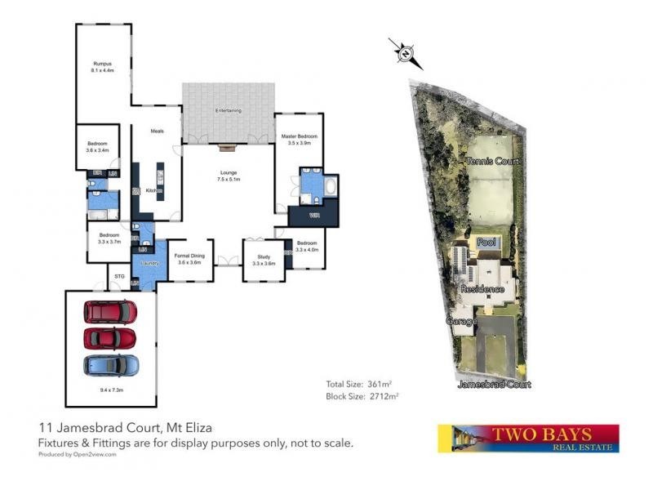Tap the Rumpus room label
[x=101, y=64]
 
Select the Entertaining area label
[x=228, y=110]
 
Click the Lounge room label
[x=228, y=172]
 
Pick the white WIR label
[x=314, y=216]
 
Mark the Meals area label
[x=157, y=130]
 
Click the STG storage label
[x=118, y=276]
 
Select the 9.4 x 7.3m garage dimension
[x=111, y=390]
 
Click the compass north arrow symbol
[x=406, y=54]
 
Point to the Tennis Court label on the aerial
[x=492, y=161]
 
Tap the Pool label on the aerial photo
[x=486, y=243]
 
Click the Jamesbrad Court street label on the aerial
[x=493, y=384]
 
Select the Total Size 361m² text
[x=361, y=383]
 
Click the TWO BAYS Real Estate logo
[x=528, y=438]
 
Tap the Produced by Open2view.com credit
[x=78, y=455]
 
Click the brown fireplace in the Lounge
[x=227, y=148]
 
